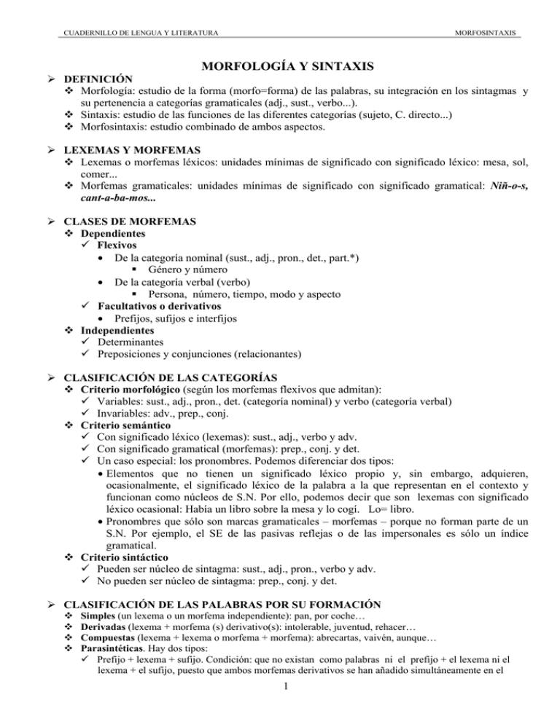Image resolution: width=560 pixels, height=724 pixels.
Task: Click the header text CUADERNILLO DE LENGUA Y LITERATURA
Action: point(136,31)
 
